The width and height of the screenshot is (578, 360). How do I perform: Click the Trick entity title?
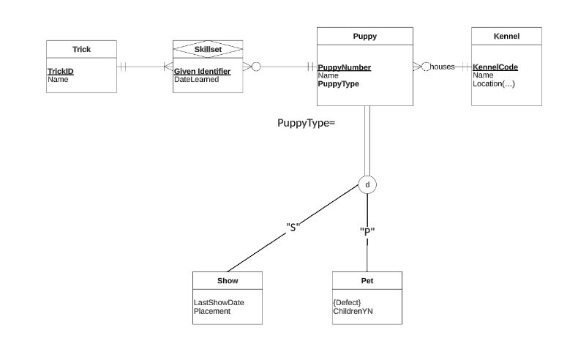coord(81,49)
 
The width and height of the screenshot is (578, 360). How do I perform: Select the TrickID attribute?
coord(61,71)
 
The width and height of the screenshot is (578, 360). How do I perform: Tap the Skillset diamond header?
coord(207,49)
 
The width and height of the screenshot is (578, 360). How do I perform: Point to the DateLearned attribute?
coord(196,79)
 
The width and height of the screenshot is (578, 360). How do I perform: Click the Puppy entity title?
coord(364,36)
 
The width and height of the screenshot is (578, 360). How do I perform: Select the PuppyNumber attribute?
coord(344,67)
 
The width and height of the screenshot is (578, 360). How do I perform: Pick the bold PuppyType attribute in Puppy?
coord(338,83)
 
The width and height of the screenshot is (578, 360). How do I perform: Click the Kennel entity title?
coord(506,36)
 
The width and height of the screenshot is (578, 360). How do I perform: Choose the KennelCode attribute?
coord(495,67)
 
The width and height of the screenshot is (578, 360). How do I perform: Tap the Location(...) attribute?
coord(494,83)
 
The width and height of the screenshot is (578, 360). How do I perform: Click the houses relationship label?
coord(442,67)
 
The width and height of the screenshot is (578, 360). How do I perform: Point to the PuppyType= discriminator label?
coord(306,123)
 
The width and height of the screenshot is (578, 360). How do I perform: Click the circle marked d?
coord(367,185)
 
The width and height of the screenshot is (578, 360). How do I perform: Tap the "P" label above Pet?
coord(367,231)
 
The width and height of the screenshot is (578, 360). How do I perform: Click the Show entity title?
coord(228,280)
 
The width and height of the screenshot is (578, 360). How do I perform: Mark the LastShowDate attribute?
coord(219,302)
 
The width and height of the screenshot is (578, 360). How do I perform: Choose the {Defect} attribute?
coord(348,302)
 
